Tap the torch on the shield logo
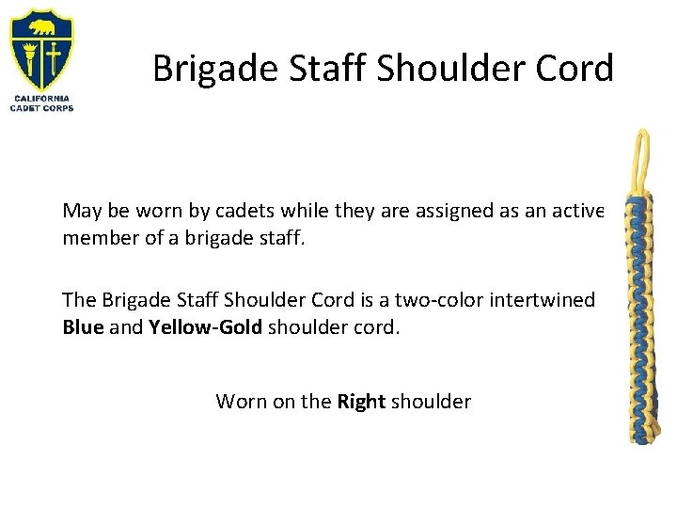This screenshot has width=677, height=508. pos(28,56)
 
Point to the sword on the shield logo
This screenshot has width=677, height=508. pos(55,56)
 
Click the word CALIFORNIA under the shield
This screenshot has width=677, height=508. pos(41,98)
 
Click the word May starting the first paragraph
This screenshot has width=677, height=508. pos(80,212)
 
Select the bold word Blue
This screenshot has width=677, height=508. pos(82,326)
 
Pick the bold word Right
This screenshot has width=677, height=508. pos(362,402)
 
